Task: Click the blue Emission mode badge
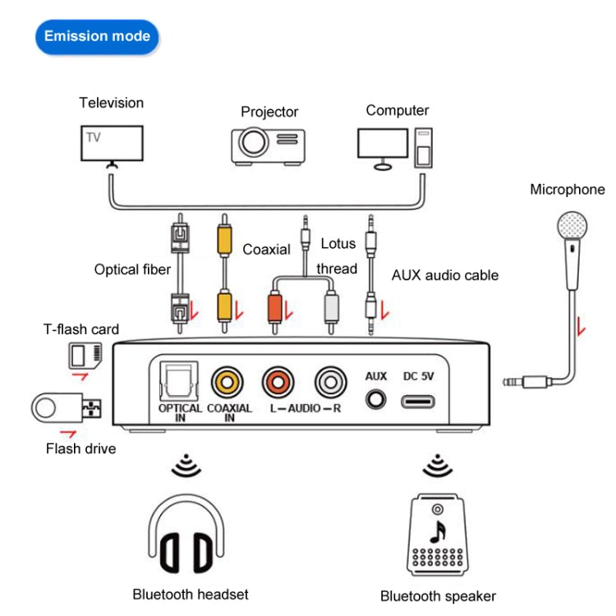pos(97,36)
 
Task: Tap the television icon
pos(111,145)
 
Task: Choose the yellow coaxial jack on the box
pos(227,382)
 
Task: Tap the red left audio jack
pos(278,382)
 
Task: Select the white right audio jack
pos(330,382)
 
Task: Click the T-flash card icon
pos(83,356)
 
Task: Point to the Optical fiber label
pos(132,269)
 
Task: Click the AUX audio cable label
pos(445,275)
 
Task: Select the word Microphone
pos(567,190)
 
